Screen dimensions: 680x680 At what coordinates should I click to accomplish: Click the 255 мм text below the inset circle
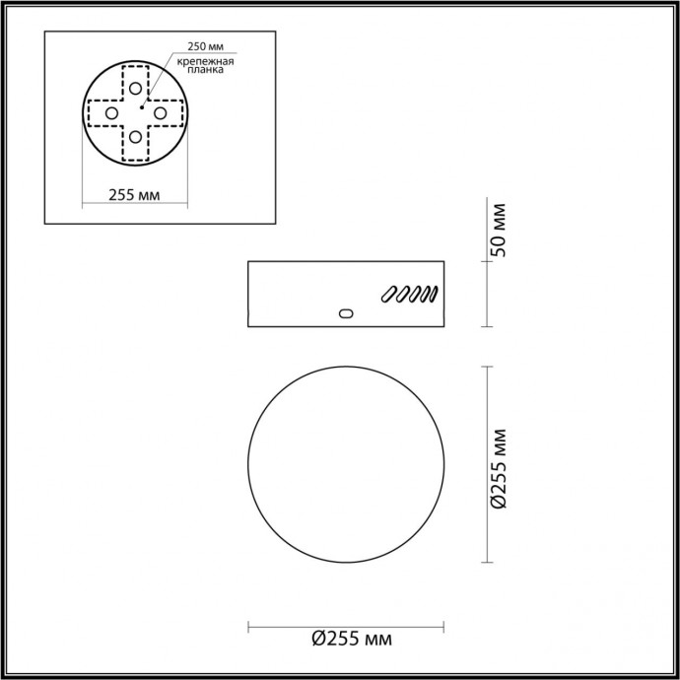click(134, 194)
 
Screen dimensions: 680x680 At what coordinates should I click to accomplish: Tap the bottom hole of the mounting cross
click(135, 138)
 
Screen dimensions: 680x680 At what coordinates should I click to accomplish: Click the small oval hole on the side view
click(344, 313)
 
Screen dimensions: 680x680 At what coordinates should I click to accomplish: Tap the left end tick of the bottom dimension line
click(247, 625)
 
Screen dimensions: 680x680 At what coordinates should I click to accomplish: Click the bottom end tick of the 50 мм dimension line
click(487, 325)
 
